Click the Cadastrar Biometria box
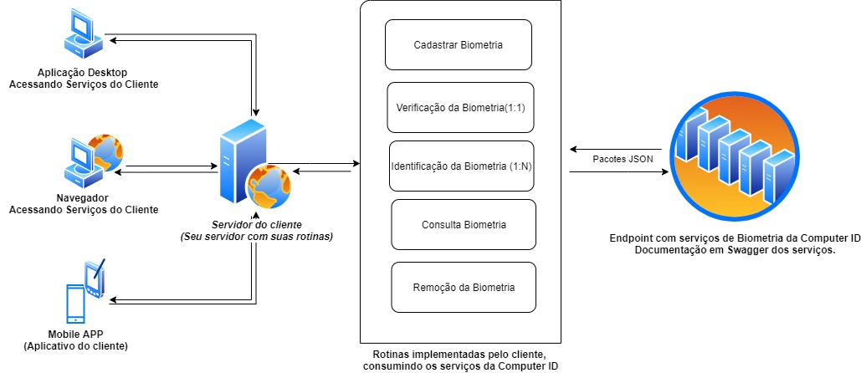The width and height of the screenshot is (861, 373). coord(458,45)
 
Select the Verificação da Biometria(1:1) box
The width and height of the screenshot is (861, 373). coord(460,108)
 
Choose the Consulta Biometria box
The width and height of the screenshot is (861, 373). coord(464,225)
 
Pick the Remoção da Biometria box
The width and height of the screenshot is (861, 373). coord(463,288)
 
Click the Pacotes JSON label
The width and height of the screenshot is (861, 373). coord(619,159)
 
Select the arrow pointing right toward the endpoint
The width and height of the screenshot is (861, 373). coord(618,172)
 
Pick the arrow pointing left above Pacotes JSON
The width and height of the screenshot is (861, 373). coord(618,149)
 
